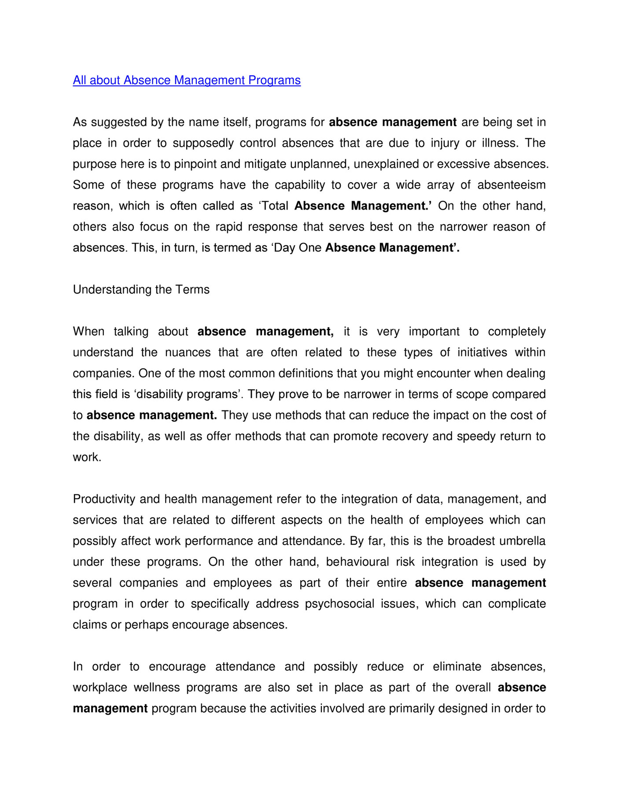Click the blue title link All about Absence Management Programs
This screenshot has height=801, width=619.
tap(187, 80)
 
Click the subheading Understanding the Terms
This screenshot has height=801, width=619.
tap(141, 290)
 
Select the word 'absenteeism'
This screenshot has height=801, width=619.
tap(511, 185)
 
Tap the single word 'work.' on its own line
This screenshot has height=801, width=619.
tap(87, 458)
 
